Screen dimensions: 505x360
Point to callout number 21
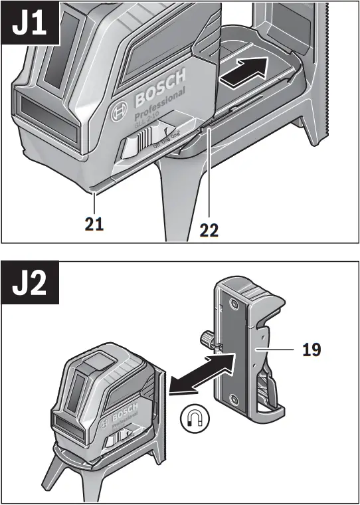[94, 225]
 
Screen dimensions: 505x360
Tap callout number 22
[209, 230]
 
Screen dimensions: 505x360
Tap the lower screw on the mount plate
[234, 399]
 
